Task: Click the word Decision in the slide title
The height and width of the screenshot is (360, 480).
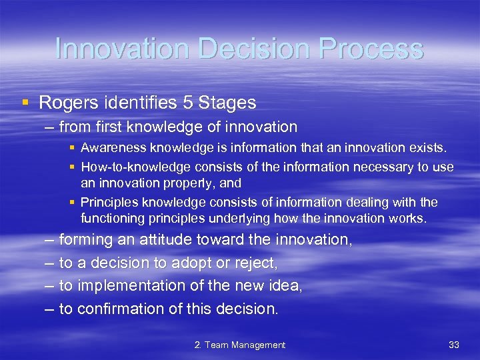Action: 237,49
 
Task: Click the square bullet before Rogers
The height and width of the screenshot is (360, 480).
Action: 25,103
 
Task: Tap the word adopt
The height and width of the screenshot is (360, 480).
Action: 194,263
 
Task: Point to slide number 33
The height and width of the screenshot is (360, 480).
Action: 454,345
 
